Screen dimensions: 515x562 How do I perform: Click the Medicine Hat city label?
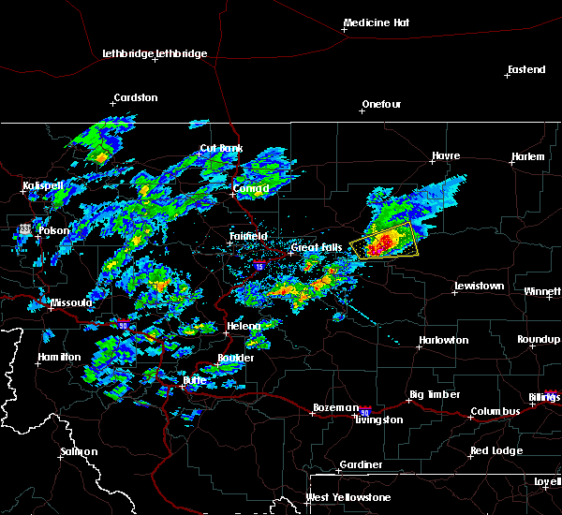coord(378,22)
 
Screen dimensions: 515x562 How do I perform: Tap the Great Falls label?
coord(317,248)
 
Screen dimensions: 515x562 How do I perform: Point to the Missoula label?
coord(71,303)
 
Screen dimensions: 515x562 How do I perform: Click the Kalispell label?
coord(44,185)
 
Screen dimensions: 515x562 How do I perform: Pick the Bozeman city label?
coord(335,407)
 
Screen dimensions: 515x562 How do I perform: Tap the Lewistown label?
coord(479,286)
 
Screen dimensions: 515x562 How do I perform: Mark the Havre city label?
coord(447,156)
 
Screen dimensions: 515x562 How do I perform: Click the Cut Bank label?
coord(221,149)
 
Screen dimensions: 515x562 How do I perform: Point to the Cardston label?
coord(135,97)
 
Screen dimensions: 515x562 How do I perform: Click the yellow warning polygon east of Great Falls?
coord(384,242)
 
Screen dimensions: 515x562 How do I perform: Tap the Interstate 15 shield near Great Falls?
coord(259,267)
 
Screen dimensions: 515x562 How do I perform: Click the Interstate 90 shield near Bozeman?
coord(366,411)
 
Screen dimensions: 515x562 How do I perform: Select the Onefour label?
coord(381,104)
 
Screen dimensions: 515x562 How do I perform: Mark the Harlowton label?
coord(443,340)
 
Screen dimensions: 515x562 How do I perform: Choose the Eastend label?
coord(525,70)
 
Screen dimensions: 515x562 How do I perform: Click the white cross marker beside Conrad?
coord(234,195)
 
